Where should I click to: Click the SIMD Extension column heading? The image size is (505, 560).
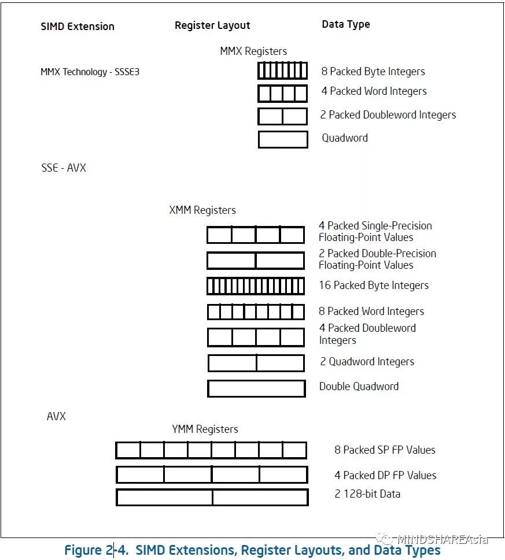pyautogui.click(x=78, y=27)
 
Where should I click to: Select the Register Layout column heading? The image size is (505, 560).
pyautogui.click(x=212, y=25)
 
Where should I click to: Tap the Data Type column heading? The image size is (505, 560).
pyautogui.click(x=345, y=24)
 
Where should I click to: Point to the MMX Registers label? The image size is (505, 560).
pyautogui.click(x=253, y=51)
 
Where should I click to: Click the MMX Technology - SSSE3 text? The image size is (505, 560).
pyautogui.click(x=90, y=73)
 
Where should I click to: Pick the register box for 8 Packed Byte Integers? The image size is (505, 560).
pyautogui.click(x=282, y=71)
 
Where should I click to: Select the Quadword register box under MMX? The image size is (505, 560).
pyautogui.click(x=282, y=139)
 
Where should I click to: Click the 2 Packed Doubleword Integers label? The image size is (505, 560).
pyautogui.click(x=388, y=115)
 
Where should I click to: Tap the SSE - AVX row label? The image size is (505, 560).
pyautogui.click(x=64, y=168)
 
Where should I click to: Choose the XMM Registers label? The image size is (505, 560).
pyautogui.click(x=202, y=210)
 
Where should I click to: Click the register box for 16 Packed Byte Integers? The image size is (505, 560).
pyautogui.click(x=255, y=286)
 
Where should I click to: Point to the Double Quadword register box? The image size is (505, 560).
pyautogui.click(x=256, y=388)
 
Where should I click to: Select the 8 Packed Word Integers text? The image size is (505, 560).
pyautogui.click(x=371, y=311)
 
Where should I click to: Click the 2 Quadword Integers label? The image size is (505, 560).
pyautogui.click(x=367, y=362)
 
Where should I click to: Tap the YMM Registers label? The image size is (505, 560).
pyautogui.click(x=205, y=429)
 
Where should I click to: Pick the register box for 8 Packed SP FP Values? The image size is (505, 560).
pyautogui.click(x=211, y=450)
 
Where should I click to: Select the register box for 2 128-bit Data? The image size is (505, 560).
pyautogui.click(x=212, y=497)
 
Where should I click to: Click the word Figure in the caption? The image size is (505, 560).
pyautogui.click(x=84, y=550)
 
